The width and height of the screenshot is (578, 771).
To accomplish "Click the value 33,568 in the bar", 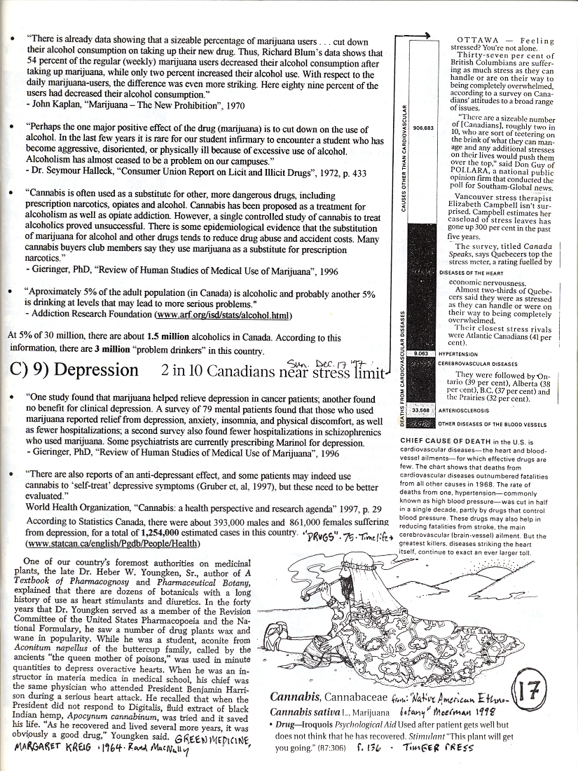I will pyautogui.click(x=420, y=409).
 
